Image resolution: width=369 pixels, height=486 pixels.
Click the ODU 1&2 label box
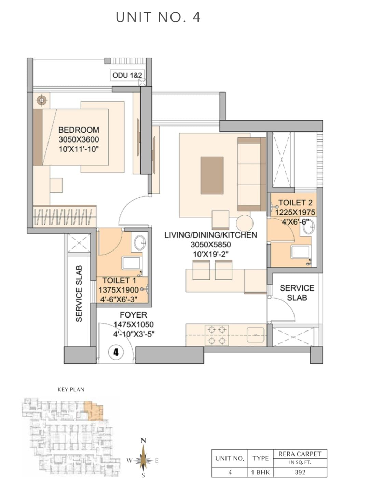[127, 75]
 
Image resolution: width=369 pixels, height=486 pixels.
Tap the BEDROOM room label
[79, 130]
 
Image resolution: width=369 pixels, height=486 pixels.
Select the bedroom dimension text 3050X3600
[79, 139]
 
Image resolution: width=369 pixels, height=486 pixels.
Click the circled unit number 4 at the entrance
[116, 352]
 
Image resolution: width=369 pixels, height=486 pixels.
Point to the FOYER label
[133, 315]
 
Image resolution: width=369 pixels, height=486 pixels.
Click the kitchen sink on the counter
[255, 335]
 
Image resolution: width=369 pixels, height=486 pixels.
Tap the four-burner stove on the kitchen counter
[217, 335]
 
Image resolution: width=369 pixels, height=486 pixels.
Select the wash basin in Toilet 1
[140, 243]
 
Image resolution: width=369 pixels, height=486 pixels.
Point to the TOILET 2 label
[295, 202]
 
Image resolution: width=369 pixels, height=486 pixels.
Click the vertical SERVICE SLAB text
[79, 293]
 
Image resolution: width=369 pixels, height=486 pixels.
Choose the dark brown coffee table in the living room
[212, 175]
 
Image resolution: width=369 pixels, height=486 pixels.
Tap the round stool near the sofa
[244, 223]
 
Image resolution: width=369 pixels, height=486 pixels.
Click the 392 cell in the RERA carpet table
[300, 472]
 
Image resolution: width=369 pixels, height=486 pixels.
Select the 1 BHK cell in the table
[260, 472]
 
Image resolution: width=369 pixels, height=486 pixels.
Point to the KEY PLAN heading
[71, 390]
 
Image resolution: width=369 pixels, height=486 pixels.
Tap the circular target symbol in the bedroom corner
[42, 100]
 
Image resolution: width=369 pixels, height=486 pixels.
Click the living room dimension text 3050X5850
[210, 244]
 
